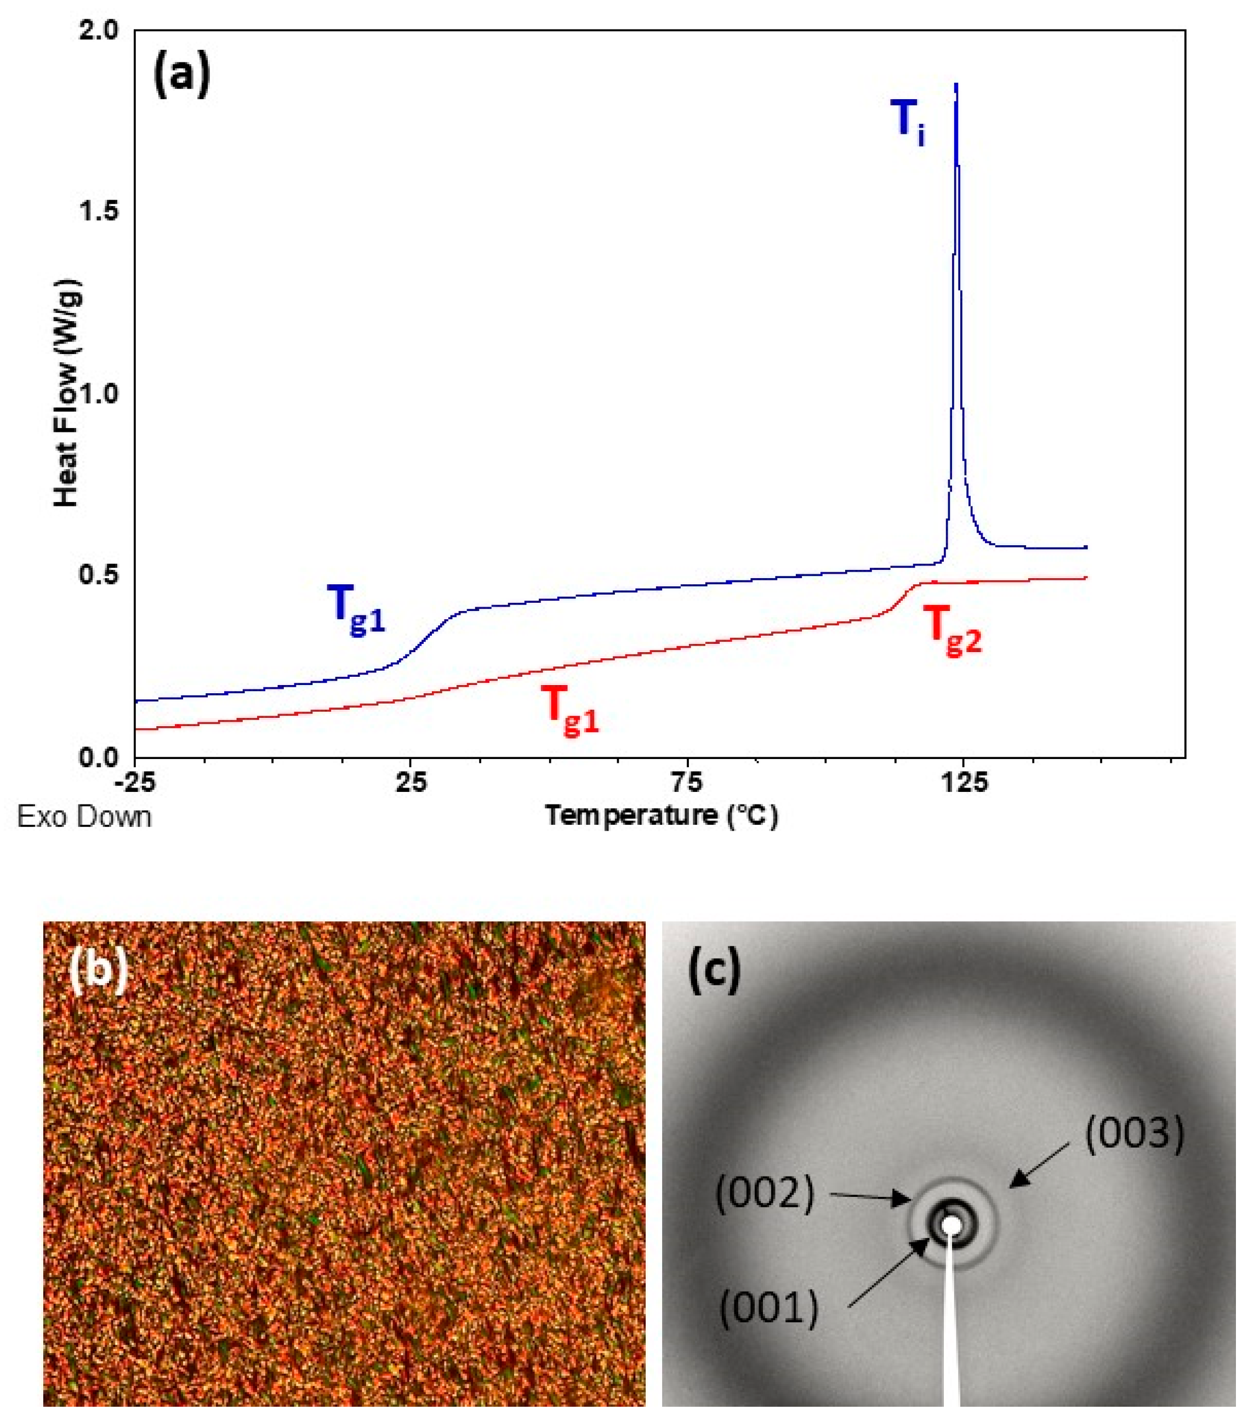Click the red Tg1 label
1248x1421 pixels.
(570, 709)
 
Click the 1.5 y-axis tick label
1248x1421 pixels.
(100, 212)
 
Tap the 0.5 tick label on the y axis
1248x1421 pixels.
(100, 575)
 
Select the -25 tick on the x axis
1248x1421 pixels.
(136, 782)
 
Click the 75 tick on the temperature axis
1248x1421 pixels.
(688, 782)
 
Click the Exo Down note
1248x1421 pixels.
(84, 816)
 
